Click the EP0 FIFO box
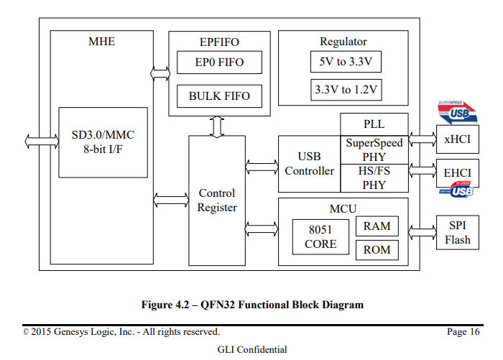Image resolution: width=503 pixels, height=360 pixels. click(219, 63)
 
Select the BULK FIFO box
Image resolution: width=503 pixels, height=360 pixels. click(219, 96)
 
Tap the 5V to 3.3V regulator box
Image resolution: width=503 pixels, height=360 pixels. click(346, 62)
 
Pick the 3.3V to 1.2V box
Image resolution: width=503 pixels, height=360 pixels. click(346, 90)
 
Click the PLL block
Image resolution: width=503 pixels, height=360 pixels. click(374, 124)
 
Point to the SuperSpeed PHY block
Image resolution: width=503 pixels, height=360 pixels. click(374, 150)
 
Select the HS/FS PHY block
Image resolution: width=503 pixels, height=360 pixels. click(374, 178)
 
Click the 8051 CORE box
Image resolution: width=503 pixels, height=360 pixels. click(320, 237)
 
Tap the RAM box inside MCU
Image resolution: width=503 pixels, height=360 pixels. click(377, 226)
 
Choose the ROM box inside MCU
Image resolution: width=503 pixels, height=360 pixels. click(377, 249)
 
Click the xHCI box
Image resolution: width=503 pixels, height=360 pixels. click(458, 139)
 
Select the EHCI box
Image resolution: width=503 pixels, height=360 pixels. click(458, 173)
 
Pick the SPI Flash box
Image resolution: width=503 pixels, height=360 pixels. click(458, 232)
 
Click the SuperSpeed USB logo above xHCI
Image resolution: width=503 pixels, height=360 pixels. click(457, 113)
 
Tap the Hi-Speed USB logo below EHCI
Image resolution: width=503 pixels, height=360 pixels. click(456, 190)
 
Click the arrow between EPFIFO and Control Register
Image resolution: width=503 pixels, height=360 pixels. click(217, 126)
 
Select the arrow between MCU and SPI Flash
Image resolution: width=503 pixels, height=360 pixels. click(423, 232)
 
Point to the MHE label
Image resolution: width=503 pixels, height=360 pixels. click(102, 42)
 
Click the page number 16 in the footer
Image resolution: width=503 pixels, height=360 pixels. click(475, 331)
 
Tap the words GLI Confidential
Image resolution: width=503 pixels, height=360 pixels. click(252, 349)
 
